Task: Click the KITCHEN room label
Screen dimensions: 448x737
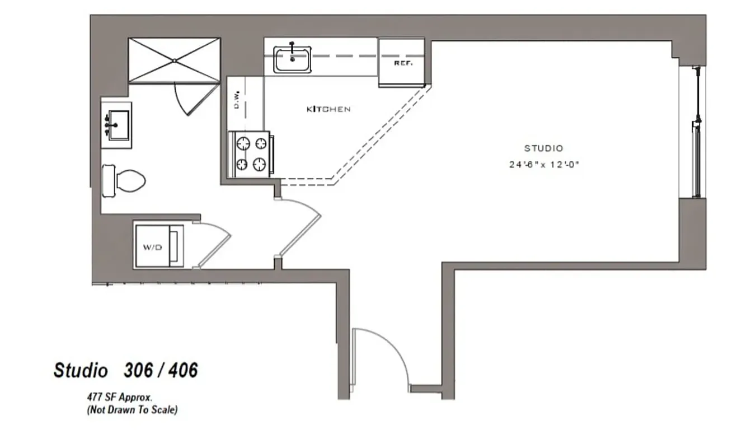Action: [328, 109]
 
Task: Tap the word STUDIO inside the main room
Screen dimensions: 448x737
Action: [543, 148]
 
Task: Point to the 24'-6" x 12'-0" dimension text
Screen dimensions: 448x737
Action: [543, 165]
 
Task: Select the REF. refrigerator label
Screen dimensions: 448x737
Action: [403, 63]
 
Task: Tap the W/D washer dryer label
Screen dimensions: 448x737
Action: [152, 247]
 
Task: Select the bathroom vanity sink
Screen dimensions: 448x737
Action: [118, 124]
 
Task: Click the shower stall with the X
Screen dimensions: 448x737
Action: [174, 60]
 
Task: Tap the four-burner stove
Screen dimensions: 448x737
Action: [250, 153]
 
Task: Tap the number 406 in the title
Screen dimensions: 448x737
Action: [182, 370]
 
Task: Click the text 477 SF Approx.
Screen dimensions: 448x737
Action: [119, 397]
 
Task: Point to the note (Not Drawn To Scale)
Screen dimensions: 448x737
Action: [132, 410]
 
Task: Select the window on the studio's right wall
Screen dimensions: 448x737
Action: [696, 132]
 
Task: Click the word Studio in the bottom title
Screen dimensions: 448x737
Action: [81, 370]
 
